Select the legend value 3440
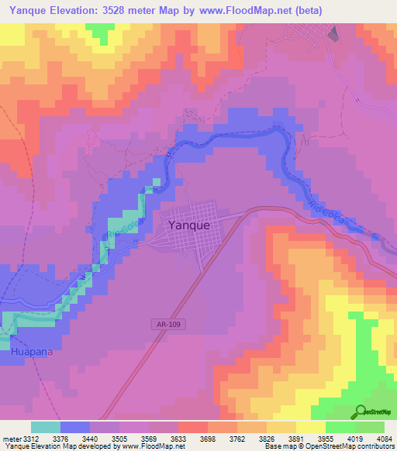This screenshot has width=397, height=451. point(101,438)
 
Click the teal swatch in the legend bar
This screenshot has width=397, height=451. point(46,427)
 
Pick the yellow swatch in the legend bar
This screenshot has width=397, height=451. point(310,427)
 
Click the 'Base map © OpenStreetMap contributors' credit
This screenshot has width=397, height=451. point(328,446)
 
